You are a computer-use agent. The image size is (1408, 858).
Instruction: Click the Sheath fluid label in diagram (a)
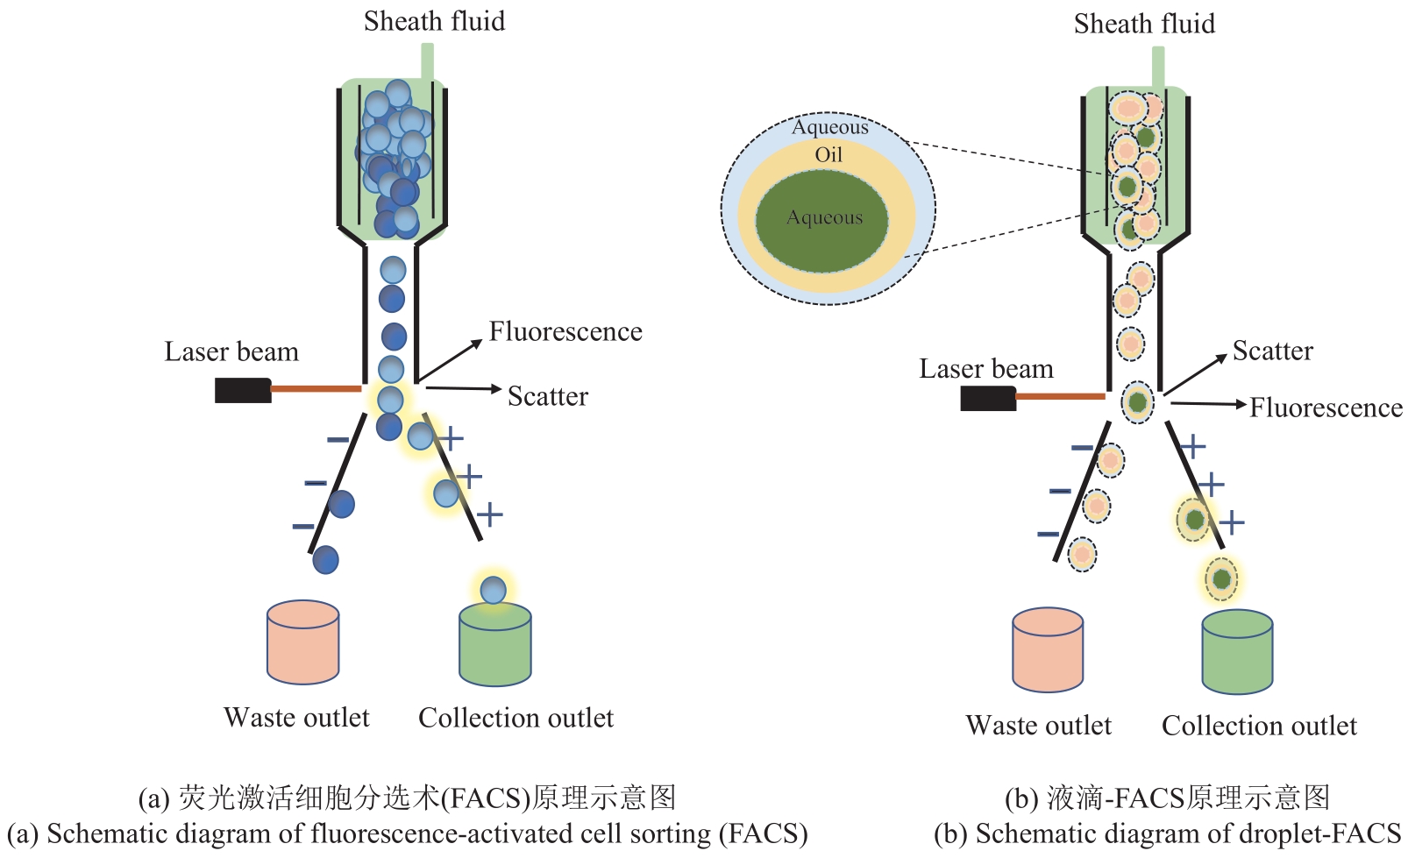point(434,21)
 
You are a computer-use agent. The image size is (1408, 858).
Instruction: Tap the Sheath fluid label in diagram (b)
point(1144,24)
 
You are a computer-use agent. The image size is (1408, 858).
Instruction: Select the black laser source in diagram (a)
point(243,390)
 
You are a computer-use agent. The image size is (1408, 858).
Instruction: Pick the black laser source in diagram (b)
point(988,399)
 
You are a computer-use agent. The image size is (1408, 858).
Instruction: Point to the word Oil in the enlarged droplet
point(828,155)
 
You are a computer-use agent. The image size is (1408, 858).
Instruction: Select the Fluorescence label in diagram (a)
point(565,331)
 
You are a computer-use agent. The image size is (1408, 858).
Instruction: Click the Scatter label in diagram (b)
point(1272,351)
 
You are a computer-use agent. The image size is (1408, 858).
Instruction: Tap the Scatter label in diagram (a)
point(548,396)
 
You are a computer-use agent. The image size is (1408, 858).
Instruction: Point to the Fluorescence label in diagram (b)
point(1326,408)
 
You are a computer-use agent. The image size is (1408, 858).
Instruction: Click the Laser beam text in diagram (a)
point(231,351)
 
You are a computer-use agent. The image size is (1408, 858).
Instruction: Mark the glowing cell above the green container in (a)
point(494,590)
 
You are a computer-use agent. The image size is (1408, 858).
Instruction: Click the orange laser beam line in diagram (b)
point(1060,397)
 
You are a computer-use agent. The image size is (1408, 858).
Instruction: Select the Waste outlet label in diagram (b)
point(1038,726)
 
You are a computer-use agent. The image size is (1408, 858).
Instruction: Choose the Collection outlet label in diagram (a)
point(516,718)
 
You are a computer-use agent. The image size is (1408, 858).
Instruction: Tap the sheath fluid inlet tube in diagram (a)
point(428,61)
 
